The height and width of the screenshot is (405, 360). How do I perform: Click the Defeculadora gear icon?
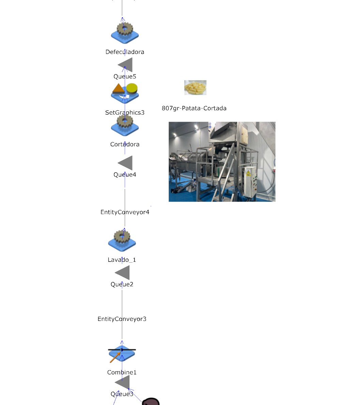[x=125, y=32]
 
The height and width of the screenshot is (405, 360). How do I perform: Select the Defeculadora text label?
[x=125, y=52]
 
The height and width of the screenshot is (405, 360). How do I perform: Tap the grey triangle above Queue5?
[x=126, y=65]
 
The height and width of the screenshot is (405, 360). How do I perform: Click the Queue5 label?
[x=125, y=77]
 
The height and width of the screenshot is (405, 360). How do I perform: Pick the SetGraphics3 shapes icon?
[x=125, y=93]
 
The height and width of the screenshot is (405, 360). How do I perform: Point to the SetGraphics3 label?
[x=125, y=113]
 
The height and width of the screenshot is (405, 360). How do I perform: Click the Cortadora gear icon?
[x=125, y=126]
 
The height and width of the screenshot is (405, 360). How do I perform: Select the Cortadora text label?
[x=125, y=144]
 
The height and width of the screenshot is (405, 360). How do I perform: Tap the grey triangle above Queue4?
[x=126, y=163]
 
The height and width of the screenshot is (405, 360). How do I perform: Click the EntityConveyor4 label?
[x=125, y=212]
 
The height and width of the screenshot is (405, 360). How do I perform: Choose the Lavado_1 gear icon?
[x=122, y=240]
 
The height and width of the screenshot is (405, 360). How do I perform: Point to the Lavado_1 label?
[x=122, y=260]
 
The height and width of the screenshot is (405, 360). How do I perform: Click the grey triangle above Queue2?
[x=123, y=272]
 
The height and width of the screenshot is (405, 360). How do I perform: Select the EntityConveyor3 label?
[x=122, y=319]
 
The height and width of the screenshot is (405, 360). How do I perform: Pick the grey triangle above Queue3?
[x=123, y=382]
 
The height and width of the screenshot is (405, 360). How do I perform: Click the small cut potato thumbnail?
[x=195, y=88]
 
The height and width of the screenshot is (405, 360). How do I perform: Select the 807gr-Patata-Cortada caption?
[x=194, y=108]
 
